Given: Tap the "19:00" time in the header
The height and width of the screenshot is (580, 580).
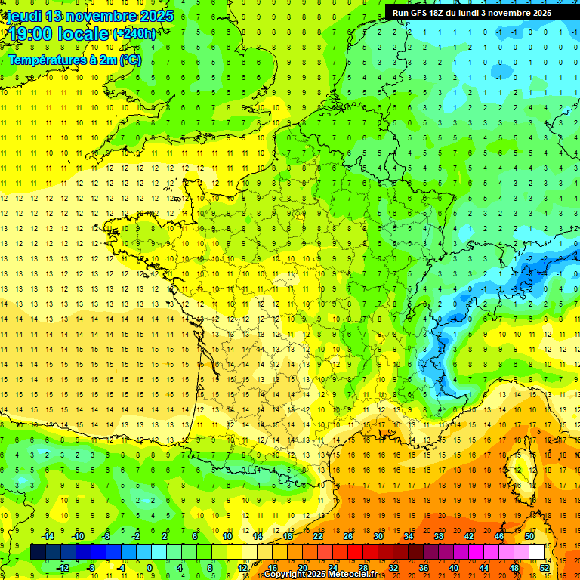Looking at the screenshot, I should click(x=29, y=33).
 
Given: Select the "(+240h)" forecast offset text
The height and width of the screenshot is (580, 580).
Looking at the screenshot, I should click(x=134, y=33).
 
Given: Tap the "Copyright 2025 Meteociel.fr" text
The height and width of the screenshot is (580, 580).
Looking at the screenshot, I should click(x=320, y=575).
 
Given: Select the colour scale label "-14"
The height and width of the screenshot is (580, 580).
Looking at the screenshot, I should click(x=48, y=536).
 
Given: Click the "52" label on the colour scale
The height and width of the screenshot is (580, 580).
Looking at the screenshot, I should click(x=545, y=567).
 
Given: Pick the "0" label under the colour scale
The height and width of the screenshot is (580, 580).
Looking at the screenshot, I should click(x=150, y=567).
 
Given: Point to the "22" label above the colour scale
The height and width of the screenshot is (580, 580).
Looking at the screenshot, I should click(x=318, y=536).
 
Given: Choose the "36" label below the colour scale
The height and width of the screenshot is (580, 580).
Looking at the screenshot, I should click(x=424, y=567).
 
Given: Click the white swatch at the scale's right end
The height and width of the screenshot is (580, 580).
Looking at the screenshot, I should click(x=537, y=551).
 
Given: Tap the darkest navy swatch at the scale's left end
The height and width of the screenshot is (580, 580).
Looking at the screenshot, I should click(x=38, y=551).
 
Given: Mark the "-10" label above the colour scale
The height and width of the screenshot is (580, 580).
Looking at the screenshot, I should click(x=77, y=536).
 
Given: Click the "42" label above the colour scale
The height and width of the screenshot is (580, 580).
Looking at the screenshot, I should click(x=469, y=536).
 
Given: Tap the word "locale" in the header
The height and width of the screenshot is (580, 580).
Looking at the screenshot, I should click(x=84, y=33).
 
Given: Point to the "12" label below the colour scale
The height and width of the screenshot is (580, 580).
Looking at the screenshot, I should click(x=242, y=567).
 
